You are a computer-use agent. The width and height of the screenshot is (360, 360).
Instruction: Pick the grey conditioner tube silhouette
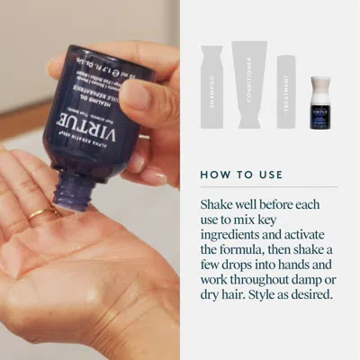tap(250, 83)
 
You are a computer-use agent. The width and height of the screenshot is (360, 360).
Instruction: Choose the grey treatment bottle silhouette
tap(286, 89)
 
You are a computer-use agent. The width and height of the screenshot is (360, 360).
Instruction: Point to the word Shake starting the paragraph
tap(220, 204)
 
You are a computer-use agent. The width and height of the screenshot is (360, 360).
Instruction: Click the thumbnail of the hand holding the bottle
tap(90, 180)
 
